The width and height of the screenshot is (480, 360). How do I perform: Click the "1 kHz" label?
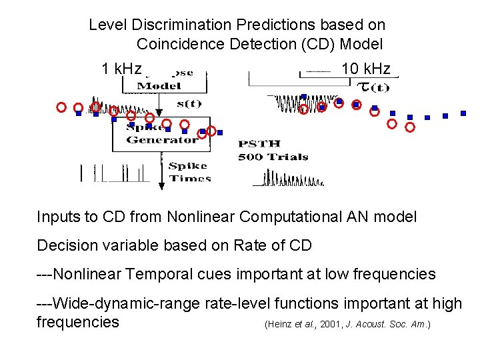(121, 69)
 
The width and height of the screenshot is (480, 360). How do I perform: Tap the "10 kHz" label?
(365, 69)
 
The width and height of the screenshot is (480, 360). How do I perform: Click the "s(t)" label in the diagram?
(189, 103)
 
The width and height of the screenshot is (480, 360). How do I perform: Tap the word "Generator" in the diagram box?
(162, 140)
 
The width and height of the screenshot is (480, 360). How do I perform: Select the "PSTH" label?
(259, 144)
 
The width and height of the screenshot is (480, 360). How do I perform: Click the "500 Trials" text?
(273, 157)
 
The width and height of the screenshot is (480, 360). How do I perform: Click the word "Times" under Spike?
(190, 178)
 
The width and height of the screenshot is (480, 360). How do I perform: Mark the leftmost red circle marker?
(61, 107)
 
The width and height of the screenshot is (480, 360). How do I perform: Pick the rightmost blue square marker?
(463, 113)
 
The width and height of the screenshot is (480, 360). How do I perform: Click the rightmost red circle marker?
(410, 127)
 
